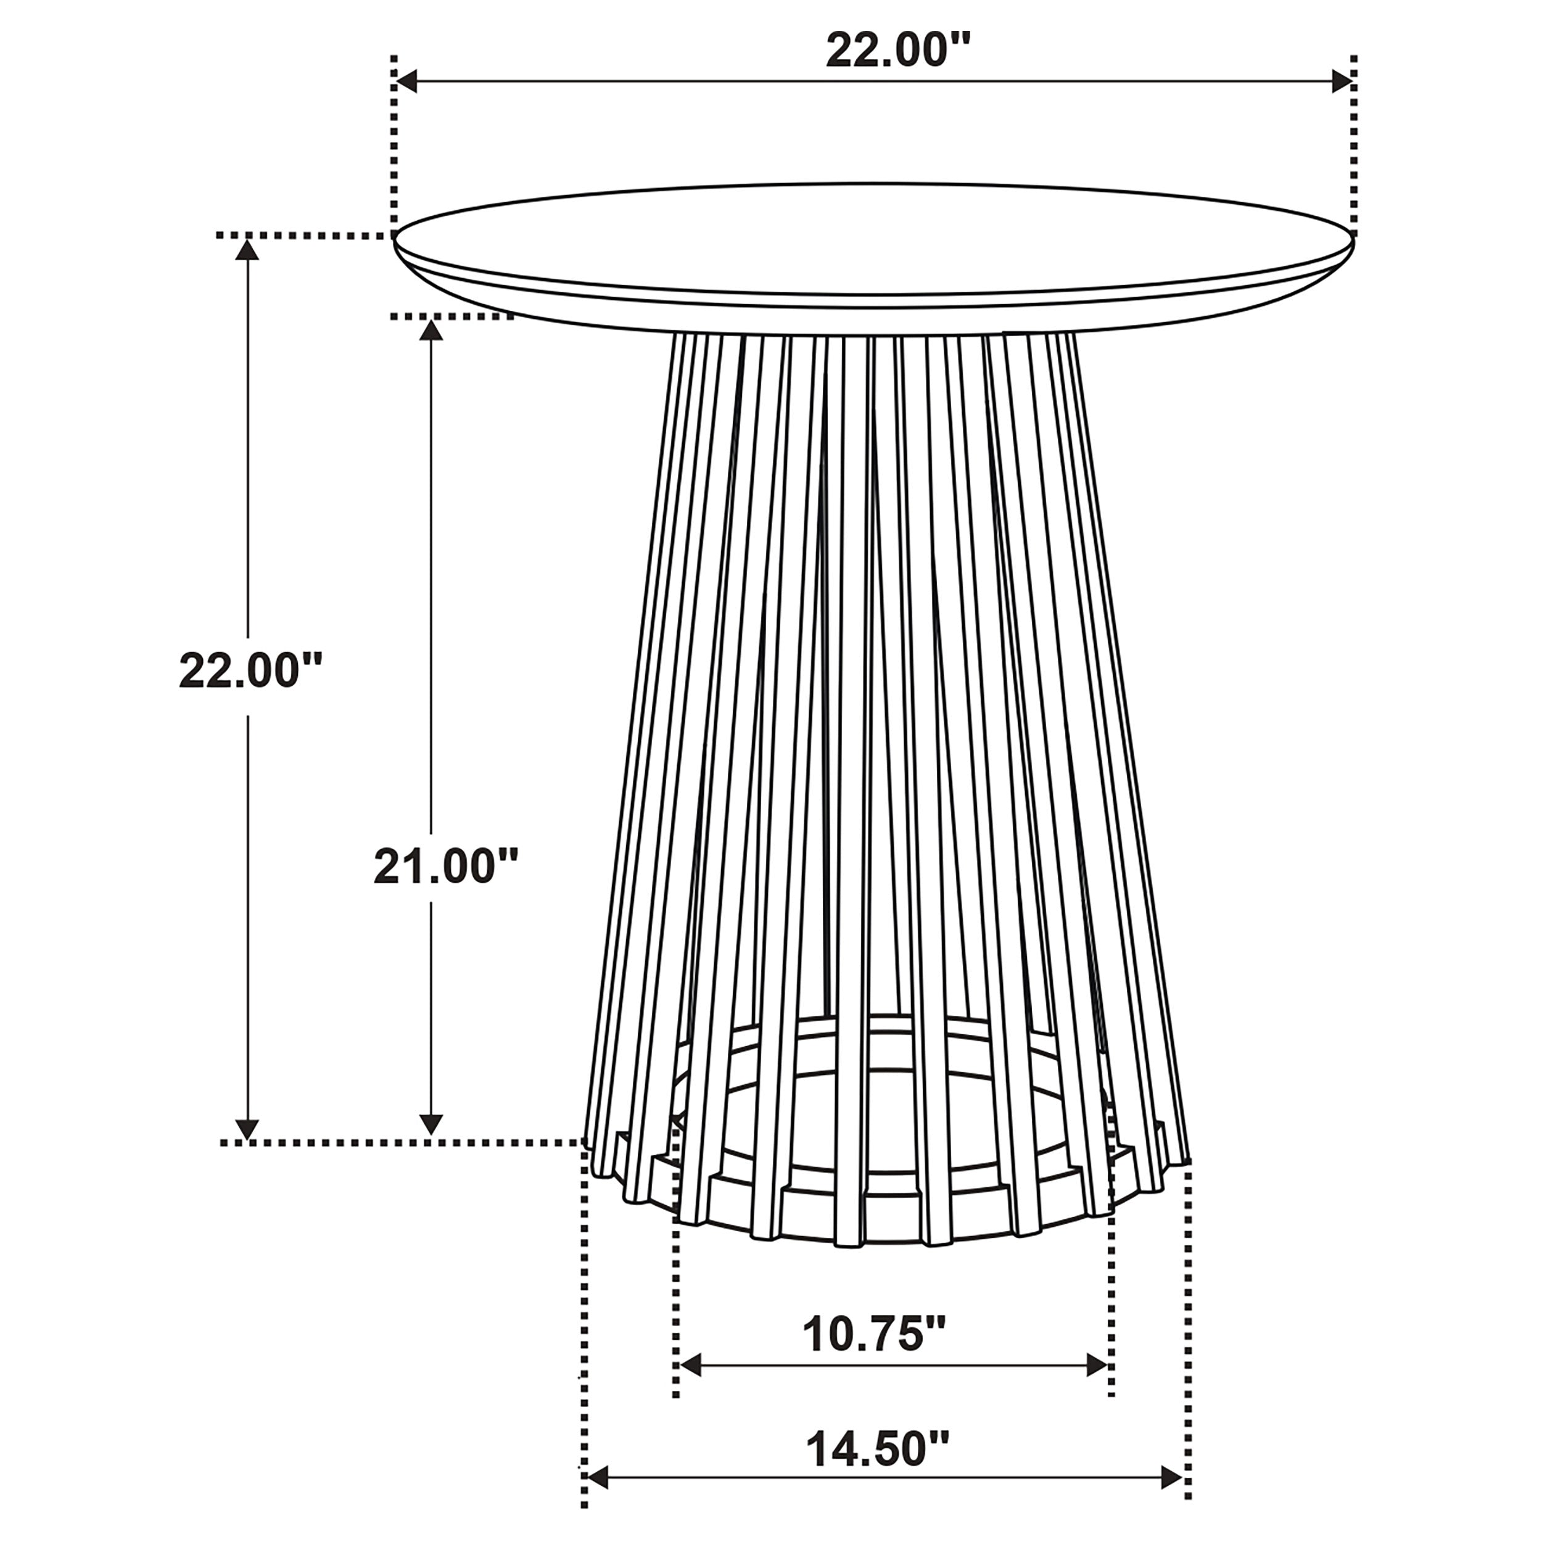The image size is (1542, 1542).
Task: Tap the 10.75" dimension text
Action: click(x=873, y=1335)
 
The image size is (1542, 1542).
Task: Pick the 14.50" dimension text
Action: click(x=877, y=1449)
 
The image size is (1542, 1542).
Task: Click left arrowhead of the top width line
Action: click(x=407, y=81)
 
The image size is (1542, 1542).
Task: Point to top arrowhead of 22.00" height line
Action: click(x=248, y=250)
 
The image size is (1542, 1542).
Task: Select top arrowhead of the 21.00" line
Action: click(x=431, y=329)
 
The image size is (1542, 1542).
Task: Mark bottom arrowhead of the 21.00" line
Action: click(x=431, y=1124)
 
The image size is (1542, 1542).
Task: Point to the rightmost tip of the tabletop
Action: click(x=1354, y=237)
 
